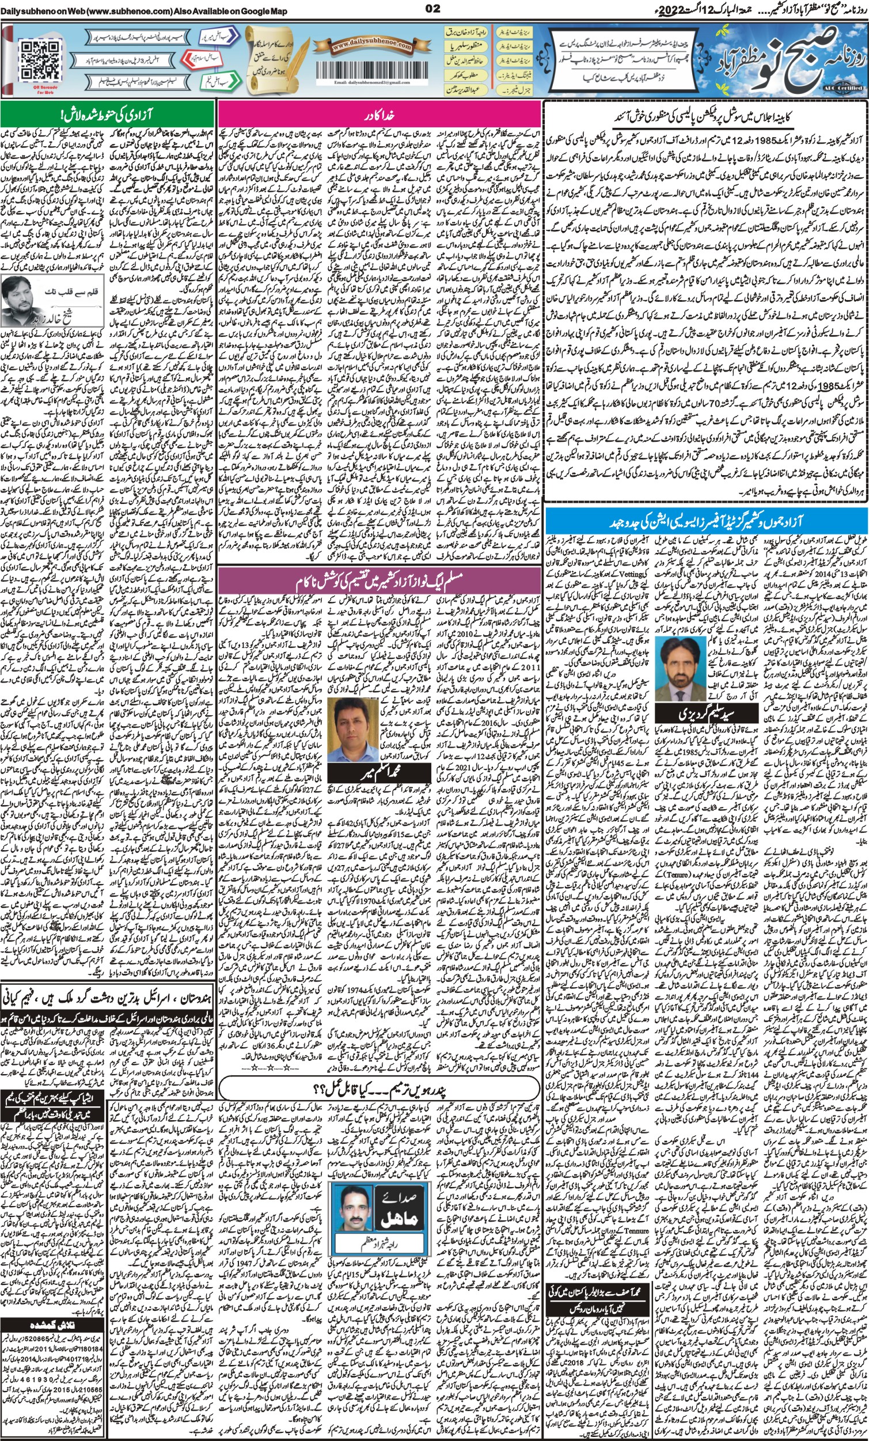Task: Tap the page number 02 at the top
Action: tap(432, 7)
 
